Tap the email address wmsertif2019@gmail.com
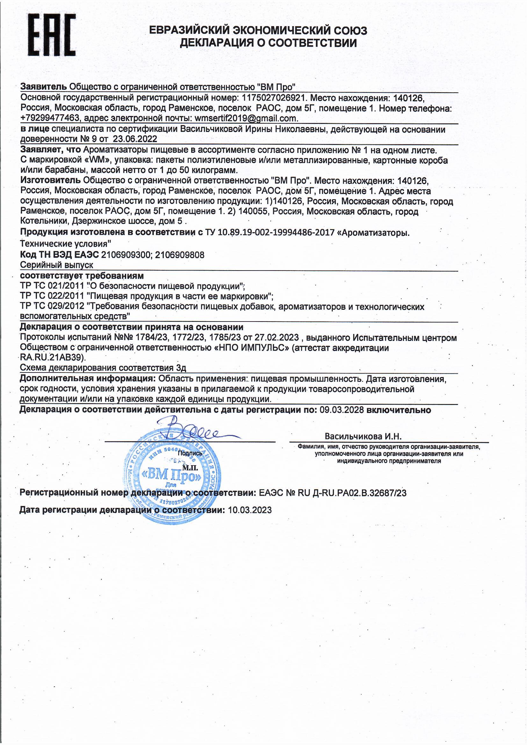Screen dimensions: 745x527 [x=246, y=118]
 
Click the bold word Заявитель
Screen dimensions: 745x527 [x=43, y=87]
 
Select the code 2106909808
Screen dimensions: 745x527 [x=180, y=255]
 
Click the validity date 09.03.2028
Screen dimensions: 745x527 [x=342, y=410]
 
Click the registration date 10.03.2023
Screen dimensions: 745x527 [x=249, y=510]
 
